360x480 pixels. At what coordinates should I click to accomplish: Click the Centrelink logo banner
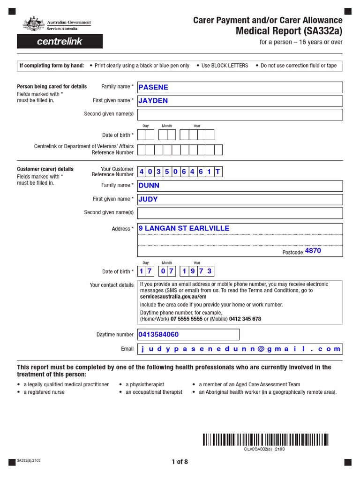pos(60,41)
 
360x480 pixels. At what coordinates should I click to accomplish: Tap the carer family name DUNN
pos(149,186)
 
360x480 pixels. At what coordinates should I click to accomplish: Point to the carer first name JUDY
pos(148,199)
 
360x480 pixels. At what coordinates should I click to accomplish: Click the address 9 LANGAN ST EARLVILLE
pos(184,228)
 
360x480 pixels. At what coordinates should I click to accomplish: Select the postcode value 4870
pos(313,251)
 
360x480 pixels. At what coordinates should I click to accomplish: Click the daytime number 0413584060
pos(158,335)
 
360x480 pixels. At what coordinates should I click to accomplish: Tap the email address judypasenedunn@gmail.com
pos(240,349)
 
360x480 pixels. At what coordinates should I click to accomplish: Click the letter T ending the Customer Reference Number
pos(217,172)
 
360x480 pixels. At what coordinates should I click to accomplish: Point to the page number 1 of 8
pos(180,462)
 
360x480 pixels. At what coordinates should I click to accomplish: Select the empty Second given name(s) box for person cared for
pos(240,114)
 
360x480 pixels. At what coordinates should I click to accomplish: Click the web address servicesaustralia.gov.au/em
pos(173,297)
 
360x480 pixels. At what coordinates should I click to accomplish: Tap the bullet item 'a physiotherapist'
pos(144,384)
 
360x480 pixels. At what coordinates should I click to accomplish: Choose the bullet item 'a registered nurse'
pos(44,392)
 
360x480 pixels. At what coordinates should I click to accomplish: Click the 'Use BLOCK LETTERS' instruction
pos(225,66)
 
